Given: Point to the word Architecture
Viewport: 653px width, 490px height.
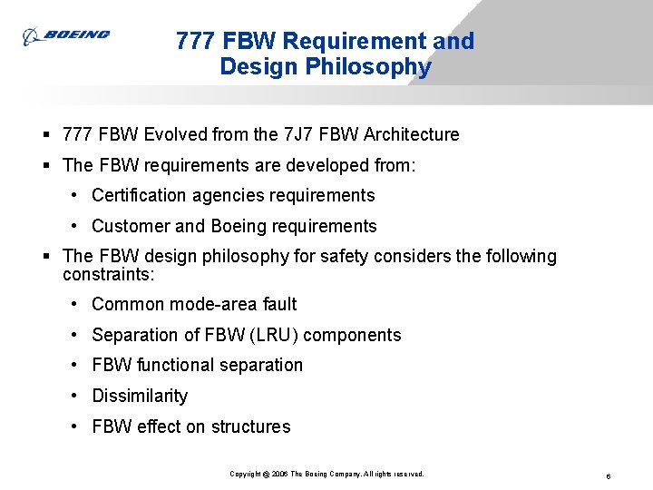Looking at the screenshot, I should point(412,135).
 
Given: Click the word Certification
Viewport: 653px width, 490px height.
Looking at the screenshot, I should point(141,196).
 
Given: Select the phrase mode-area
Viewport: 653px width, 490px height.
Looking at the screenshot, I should point(205,305).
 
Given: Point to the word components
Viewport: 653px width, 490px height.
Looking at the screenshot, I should point(352,336).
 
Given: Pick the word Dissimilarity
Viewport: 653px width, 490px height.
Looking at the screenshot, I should point(140,397).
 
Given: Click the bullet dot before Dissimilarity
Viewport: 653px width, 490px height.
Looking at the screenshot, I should point(73,397).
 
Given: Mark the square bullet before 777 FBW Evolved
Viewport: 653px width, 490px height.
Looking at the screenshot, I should point(45,135).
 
